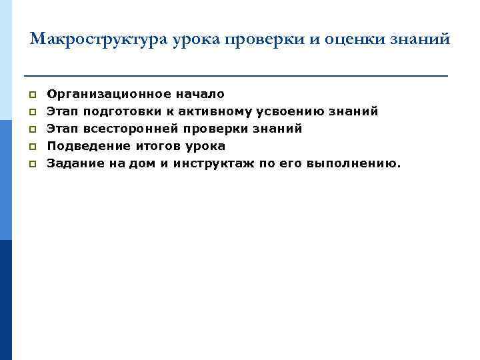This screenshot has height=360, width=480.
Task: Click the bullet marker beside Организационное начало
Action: [x=32, y=95]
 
